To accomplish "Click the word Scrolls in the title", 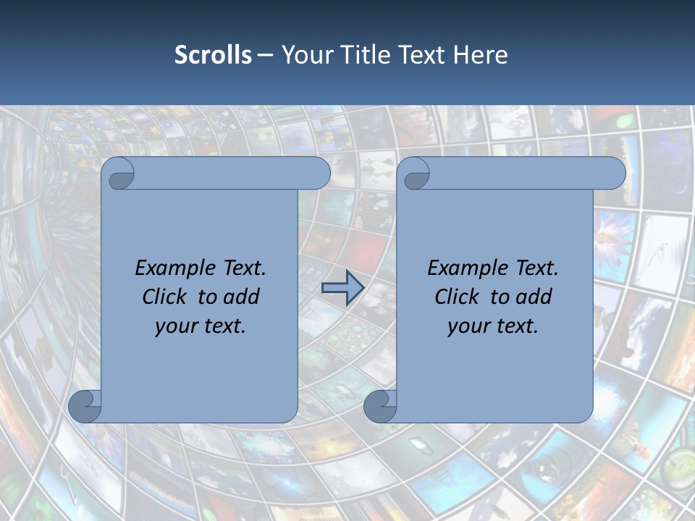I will [x=213, y=55].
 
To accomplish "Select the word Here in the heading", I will [x=480, y=55].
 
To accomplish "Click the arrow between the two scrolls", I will [x=342, y=289].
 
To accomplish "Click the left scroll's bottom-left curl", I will [x=85, y=406].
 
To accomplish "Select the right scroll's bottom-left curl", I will [x=379, y=406].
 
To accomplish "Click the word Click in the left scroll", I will [x=165, y=297].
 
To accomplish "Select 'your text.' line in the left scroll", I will [x=201, y=326].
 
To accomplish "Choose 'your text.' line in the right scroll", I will [x=493, y=326].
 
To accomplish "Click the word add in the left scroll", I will [x=240, y=297].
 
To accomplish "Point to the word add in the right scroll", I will [x=533, y=297].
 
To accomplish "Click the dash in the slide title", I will [x=265, y=55].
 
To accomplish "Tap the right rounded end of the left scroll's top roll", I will [x=319, y=174].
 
